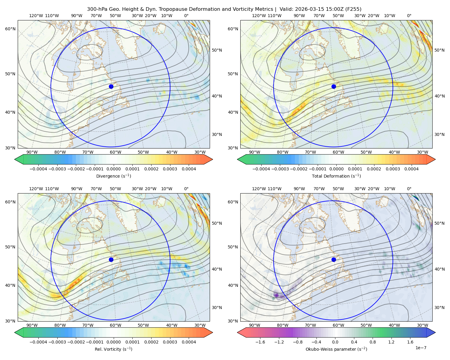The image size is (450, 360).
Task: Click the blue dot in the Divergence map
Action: [111, 86]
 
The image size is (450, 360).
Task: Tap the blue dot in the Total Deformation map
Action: [334, 86]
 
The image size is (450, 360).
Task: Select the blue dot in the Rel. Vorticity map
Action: [111, 259]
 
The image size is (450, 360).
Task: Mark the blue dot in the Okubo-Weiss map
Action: [334, 259]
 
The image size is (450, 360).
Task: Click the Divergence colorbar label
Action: [113, 176]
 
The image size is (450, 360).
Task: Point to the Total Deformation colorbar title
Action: [336, 176]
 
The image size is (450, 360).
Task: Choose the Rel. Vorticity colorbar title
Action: [113, 349]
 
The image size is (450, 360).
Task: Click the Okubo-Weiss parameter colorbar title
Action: [336, 349]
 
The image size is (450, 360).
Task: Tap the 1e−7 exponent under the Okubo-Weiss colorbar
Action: [421, 348]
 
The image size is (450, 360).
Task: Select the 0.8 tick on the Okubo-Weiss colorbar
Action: [373, 342]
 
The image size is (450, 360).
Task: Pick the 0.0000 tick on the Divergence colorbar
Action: [113, 169]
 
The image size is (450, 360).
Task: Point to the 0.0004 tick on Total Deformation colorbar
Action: [411, 169]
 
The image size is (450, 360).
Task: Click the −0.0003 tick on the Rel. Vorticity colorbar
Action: [57, 342]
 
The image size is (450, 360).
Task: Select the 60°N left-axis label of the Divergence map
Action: [10, 29]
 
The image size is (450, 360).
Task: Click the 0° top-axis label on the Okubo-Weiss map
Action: [409, 189]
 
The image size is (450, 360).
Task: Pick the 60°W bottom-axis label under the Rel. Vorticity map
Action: [115, 325]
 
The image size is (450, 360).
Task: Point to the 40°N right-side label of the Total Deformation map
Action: [439, 96]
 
